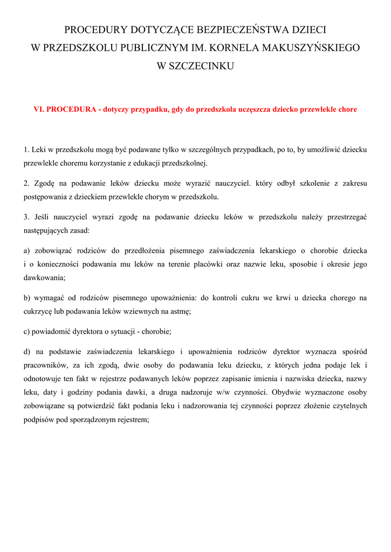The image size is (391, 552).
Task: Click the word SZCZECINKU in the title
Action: (208, 66)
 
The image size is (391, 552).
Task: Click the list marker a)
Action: (27, 251)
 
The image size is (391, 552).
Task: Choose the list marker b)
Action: (27, 298)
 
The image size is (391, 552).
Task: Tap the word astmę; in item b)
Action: (180, 311)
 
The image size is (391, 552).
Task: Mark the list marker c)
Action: (27, 332)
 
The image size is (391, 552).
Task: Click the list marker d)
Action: (27, 352)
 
